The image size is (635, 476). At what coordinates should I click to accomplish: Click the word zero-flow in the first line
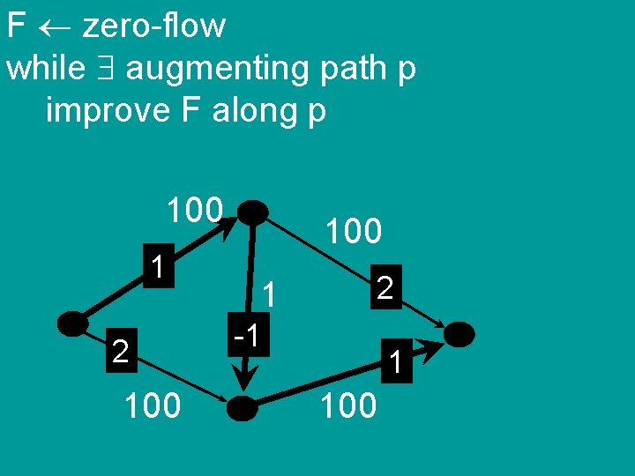tap(154, 26)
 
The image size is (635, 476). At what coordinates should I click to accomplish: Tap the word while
tap(46, 69)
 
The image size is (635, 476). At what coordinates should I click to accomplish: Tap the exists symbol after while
tap(105, 69)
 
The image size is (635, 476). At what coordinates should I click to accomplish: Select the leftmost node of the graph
tap(73, 324)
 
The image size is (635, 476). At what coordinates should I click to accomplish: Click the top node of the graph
tap(253, 212)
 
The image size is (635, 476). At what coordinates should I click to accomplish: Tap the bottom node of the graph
tap(243, 407)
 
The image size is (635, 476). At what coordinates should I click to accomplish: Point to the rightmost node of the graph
tap(459, 334)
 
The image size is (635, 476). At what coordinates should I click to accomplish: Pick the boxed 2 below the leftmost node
tap(122, 352)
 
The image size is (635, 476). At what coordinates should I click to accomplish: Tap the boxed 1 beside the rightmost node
tap(397, 360)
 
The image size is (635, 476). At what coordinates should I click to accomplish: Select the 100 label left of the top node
tap(195, 211)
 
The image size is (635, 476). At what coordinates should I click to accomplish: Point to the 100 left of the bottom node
tap(153, 405)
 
